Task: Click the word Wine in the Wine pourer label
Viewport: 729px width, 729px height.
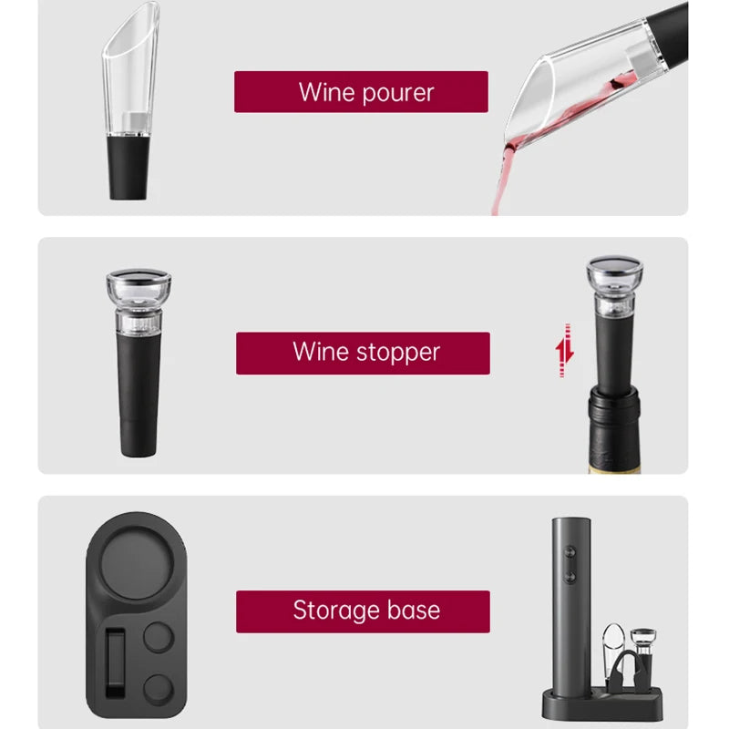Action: tap(326, 92)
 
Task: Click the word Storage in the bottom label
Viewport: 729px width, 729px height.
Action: tap(334, 611)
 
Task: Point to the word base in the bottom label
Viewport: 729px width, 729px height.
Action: tap(413, 611)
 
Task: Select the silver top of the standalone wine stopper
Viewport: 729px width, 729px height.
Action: tap(139, 277)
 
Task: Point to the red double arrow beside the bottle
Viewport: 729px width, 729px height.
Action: tap(566, 351)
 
